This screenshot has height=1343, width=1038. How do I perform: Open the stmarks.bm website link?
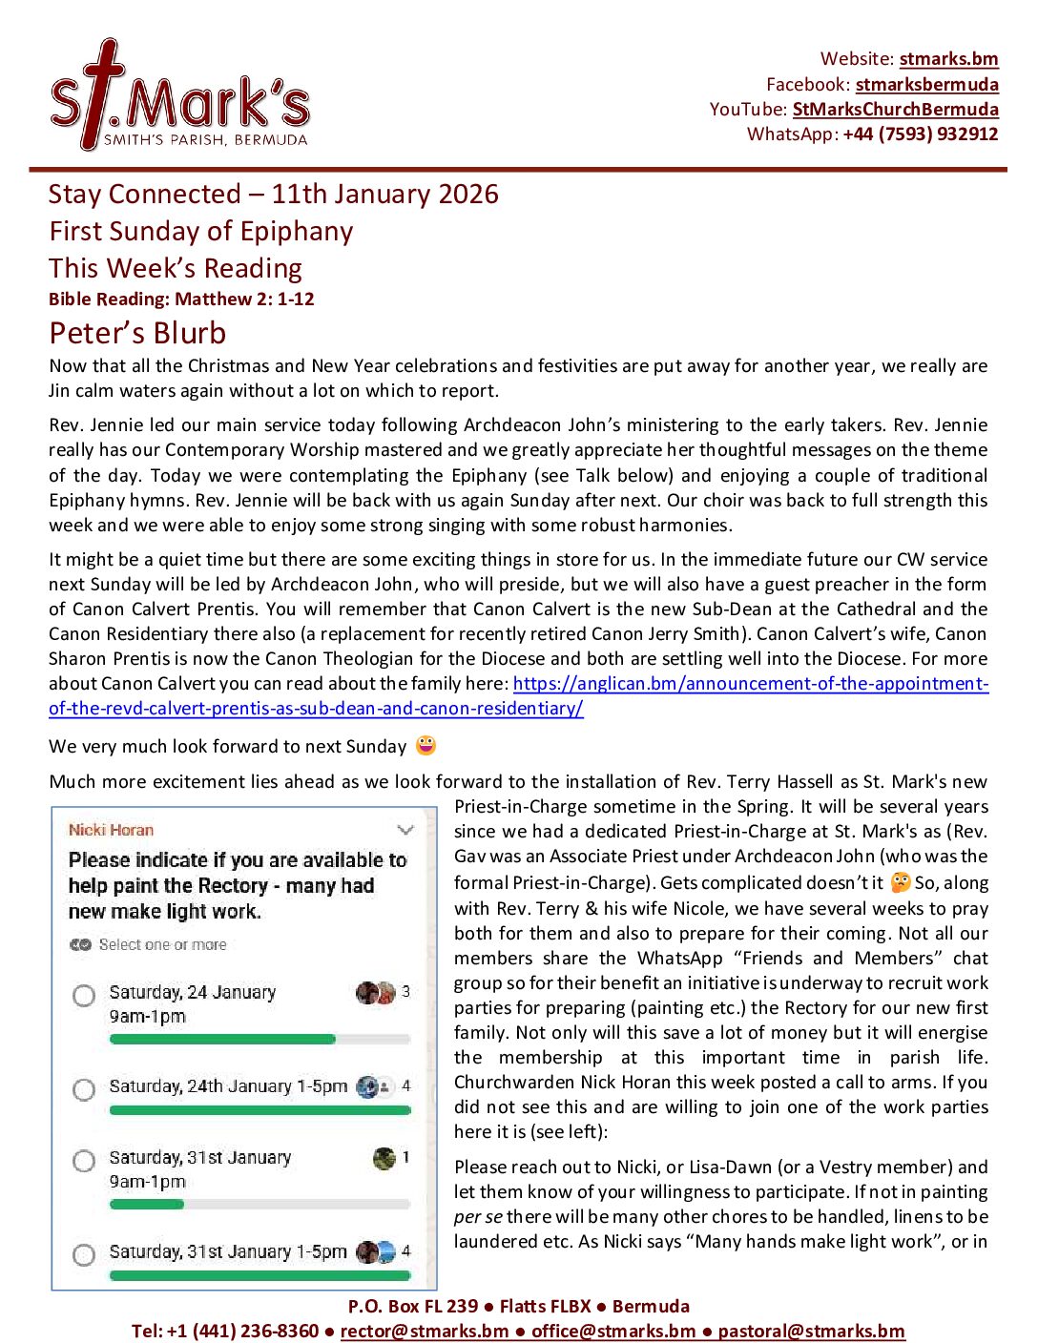tap(948, 59)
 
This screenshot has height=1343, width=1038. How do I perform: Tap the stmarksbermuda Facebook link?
tap(926, 85)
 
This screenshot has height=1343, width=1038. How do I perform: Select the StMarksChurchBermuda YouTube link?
tap(895, 110)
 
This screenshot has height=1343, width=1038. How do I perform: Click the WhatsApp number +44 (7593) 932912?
tap(920, 134)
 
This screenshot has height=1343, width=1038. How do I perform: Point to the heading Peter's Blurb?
tap(137, 333)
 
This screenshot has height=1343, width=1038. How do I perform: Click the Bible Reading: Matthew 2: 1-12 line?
tap(181, 300)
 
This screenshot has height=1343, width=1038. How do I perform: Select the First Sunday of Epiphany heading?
tap(201, 232)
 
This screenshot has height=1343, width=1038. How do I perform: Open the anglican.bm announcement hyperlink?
tap(750, 684)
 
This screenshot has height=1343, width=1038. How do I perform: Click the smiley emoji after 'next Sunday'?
tap(426, 746)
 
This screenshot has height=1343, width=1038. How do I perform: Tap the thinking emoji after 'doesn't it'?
tap(900, 882)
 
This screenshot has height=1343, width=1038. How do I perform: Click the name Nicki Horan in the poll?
tap(111, 830)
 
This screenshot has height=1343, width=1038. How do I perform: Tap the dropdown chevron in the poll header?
tap(405, 830)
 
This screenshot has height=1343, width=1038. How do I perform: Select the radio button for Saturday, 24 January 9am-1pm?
tap(84, 996)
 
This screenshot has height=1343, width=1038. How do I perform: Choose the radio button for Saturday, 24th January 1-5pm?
tap(84, 1089)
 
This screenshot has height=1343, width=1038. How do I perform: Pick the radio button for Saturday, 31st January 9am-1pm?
tap(84, 1161)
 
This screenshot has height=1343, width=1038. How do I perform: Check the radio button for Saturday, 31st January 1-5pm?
tap(84, 1254)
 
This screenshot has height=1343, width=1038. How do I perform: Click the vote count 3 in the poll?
tap(405, 992)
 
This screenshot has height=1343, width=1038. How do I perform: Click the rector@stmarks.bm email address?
tap(424, 1332)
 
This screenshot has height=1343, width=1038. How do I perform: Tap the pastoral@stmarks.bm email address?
tap(811, 1332)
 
